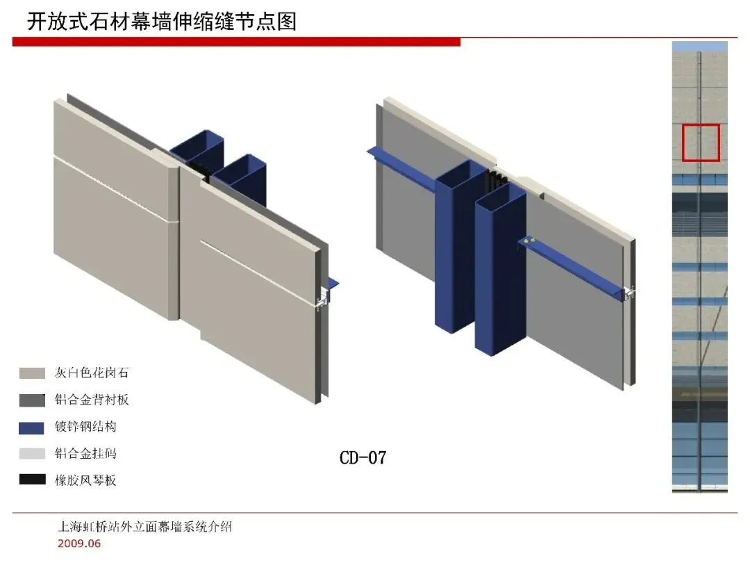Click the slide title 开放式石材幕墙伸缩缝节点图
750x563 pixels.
(x=161, y=22)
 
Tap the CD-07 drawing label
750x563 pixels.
(x=362, y=457)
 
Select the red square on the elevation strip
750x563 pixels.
(x=700, y=142)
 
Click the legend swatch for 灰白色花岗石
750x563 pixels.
(x=32, y=373)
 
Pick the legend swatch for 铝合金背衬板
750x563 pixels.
(x=32, y=400)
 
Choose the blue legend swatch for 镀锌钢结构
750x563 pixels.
(x=32, y=427)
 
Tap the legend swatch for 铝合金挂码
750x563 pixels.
(x=32, y=454)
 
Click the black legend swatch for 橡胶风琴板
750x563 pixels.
(x=32, y=480)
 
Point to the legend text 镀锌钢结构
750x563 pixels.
(x=85, y=427)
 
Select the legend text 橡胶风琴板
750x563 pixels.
(x=85, y=480)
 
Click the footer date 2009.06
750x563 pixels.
(x=78, y=543)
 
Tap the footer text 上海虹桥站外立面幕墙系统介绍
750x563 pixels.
(x=144, y=526)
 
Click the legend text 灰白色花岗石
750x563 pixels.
(x=92, y=373)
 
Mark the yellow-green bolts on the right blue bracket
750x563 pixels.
(x=529, y=240)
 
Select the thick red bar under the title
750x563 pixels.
(x=236, y=42)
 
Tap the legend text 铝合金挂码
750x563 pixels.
(x=85, y=454)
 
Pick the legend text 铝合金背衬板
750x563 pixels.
(x=92, y=400)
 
